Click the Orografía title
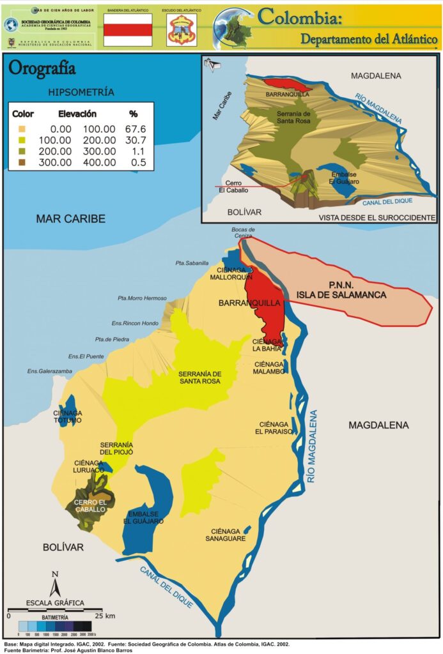(x=42, y=68)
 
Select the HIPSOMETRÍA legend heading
(x=81, y=92)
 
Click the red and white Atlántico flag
(x=128, y=30)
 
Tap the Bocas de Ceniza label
(x=243, y=232)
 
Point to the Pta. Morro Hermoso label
(x=142, y=298)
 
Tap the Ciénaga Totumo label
(x=67, y=416)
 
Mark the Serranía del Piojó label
(x=116, y=448)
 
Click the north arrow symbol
(x=56, y=584)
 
